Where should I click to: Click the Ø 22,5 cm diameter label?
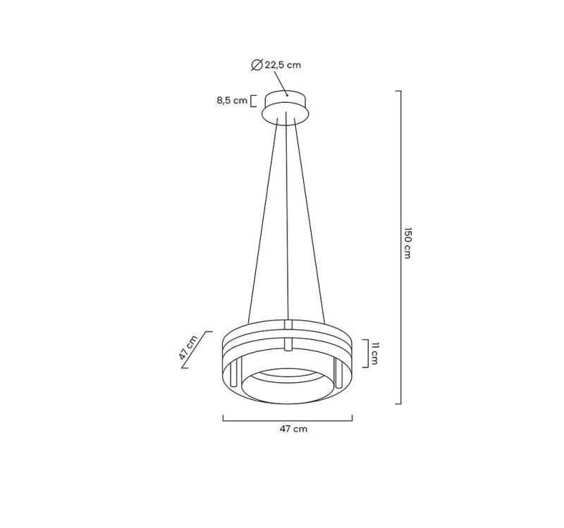[276, 65]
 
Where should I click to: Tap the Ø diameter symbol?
[257, 65]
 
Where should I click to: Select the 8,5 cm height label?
[232, 101]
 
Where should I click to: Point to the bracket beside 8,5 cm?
[253, 101]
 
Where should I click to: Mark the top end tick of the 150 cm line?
[398, 92]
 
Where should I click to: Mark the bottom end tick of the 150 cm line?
[398, 403]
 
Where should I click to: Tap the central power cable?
[287, 218]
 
